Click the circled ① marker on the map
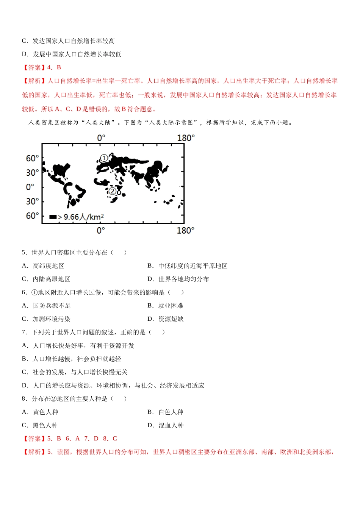click(104, 158)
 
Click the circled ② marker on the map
click(113, 191)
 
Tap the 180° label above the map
click(186, 138)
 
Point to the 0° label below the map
click(101, 230)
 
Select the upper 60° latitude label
click(32, 158)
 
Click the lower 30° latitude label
click(32, 201)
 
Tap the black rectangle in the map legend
click(53, 217)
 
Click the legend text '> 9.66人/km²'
click(81, 217)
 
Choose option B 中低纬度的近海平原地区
click(188, 266)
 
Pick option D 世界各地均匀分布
click(178, 279)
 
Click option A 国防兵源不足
click(46, 306)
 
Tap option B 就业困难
click(165, 306)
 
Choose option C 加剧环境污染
click(46, 319)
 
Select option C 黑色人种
click(40, 425)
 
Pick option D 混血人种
click(165, 425)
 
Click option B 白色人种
click(165, 412)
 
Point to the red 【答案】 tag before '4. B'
click(33, 67)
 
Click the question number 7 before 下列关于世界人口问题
click(24, 332)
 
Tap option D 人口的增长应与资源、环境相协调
click(113, 386)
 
